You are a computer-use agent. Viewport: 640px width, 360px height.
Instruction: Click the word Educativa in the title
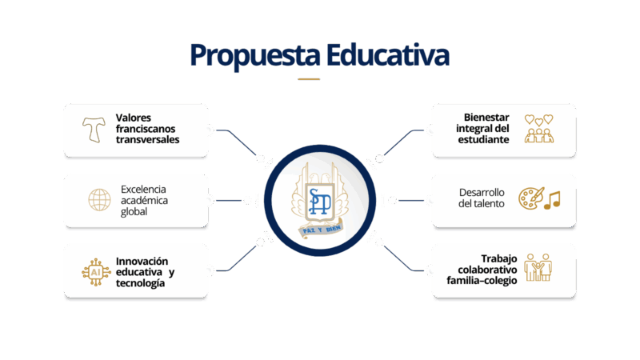(x=387, y=54)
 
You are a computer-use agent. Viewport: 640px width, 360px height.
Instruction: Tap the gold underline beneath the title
(x=309, y=79)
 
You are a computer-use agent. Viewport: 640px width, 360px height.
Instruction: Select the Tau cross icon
(x=94, y=130)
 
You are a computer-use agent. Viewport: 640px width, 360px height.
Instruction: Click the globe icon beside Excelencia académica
(x=99, y=200)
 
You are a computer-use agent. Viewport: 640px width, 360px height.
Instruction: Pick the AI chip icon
(x=96, y=272)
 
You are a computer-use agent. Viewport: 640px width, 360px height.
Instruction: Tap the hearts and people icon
(x=538, y=129)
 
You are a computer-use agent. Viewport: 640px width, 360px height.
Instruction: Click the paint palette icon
(x=531, y=198)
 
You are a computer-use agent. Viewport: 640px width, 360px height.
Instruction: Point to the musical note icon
(x=553, y=201)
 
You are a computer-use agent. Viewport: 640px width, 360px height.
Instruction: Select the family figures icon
(x=538, y=267)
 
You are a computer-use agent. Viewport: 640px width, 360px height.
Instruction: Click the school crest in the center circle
(x=319, y=200)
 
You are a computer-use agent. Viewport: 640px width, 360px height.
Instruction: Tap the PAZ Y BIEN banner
(x=321, y=230)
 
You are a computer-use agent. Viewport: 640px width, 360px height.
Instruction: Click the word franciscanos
(x=146, y=129)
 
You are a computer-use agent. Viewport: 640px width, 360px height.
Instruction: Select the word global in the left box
(x=134, y=212)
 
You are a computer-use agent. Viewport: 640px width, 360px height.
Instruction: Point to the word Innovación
(x=142, y=262)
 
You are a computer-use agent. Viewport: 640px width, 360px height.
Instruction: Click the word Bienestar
(x=486, y=118)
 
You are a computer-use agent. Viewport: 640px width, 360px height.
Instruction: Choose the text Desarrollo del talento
(x=482, y=198)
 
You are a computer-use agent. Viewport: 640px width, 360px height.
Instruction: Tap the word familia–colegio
(x=482, y=281)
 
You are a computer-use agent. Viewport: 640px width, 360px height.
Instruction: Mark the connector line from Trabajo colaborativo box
(x=404, y=258)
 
